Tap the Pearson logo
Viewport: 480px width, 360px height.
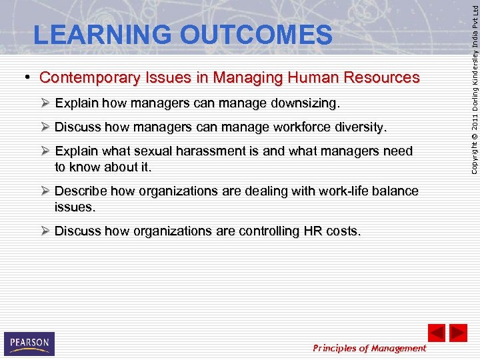coord(29,343)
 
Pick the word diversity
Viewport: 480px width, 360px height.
coord(359,127)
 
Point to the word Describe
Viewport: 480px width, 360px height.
coord(81,191)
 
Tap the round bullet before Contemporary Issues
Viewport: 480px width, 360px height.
coord(31,78)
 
